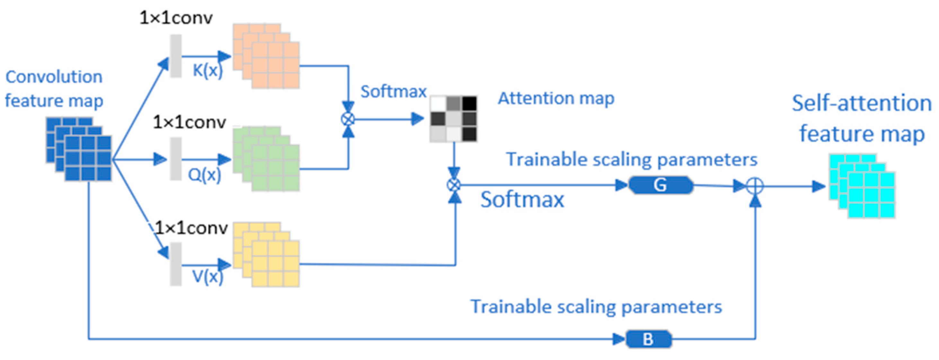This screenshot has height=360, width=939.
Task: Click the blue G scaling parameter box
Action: coord(660,185)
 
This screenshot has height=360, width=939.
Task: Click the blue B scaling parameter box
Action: coord(649,339)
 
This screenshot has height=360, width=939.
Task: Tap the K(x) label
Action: coord(207,70)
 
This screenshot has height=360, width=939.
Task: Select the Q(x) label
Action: coord(204,175)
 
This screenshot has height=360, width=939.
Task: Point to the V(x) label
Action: coord(207,277)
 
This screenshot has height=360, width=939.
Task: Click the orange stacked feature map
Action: coord(266,56)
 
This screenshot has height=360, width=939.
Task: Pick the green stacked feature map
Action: coord(266,159)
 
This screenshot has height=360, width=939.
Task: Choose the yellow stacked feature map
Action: coord(266,255)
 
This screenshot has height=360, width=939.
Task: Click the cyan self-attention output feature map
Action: coord(862,186)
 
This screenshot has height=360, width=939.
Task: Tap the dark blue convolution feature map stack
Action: coord(79,149)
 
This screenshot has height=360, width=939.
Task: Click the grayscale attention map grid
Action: coord(454,119)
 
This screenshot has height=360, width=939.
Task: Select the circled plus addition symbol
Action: coord(755,186)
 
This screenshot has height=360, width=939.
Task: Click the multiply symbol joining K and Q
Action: coord(348,119)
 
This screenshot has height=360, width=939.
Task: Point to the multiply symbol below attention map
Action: coord(454,185)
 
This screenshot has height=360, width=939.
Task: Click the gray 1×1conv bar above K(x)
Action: coord(176,56)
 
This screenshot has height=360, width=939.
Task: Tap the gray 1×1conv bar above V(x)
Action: coord(176,264)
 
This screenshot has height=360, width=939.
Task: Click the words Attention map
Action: coord(556,98)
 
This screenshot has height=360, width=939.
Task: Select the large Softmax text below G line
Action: coord(522,200)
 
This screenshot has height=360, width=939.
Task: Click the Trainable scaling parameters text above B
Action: coord(596,306)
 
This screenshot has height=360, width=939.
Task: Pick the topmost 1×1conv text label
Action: coord(176,17)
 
